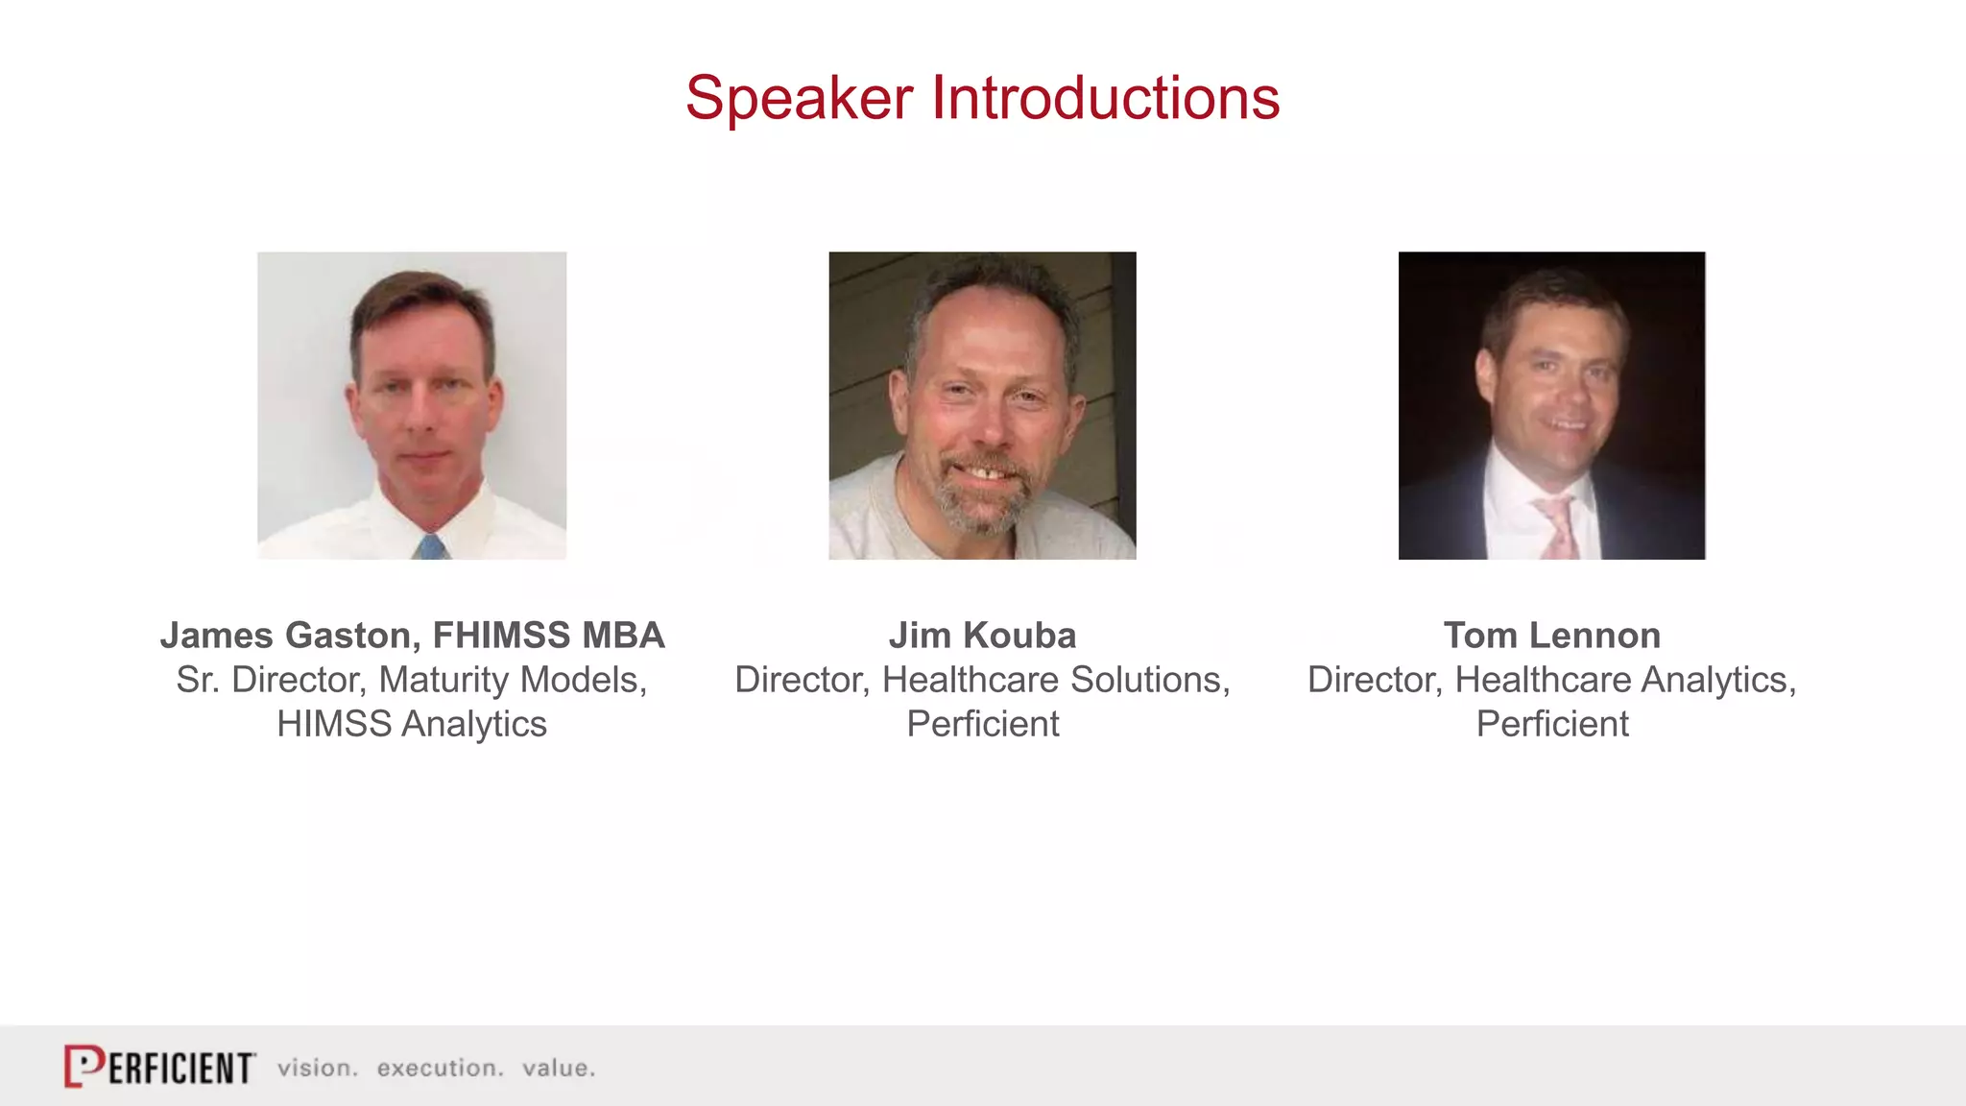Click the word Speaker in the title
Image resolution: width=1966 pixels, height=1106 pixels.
799,100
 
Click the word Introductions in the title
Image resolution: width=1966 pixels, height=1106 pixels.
1105,98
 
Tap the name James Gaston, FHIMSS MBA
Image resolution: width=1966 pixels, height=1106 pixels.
412,636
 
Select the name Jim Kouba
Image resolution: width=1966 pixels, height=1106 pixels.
982,636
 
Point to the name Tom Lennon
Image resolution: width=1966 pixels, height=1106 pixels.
1551,636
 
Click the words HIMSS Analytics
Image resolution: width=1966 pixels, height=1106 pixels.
412,724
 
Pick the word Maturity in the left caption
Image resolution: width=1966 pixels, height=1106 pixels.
444,681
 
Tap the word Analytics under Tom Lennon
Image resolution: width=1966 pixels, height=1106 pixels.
1719,681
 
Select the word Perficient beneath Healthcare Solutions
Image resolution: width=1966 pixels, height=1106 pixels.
982,724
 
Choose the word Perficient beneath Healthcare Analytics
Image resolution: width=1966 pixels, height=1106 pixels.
1551,724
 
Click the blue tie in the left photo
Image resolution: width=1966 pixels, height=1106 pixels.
432,547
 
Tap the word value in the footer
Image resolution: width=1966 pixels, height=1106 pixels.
558,1069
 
